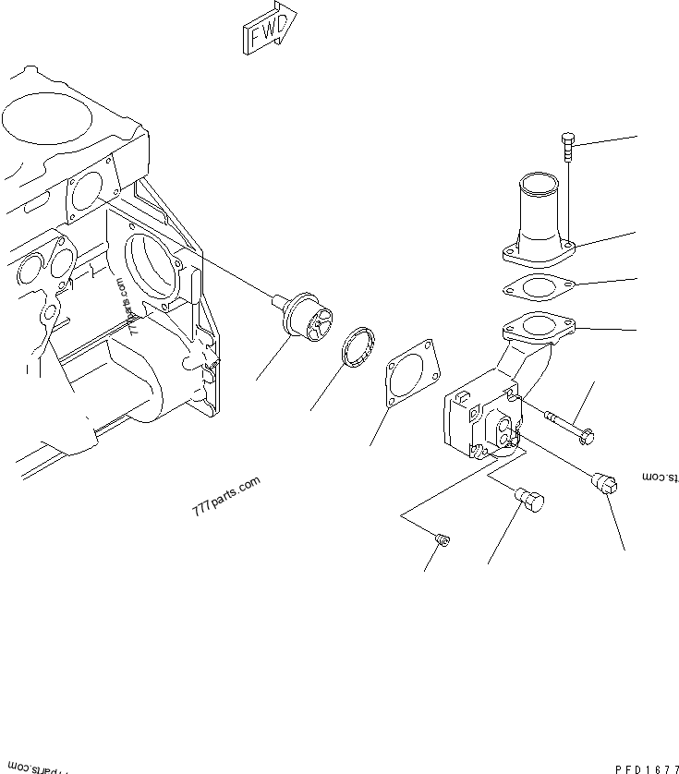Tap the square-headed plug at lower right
[606, 483]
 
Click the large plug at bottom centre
[530, 500]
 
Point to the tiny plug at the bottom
[443, 539]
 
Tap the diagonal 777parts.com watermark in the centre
[226, 500]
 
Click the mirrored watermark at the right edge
[661, 477]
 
